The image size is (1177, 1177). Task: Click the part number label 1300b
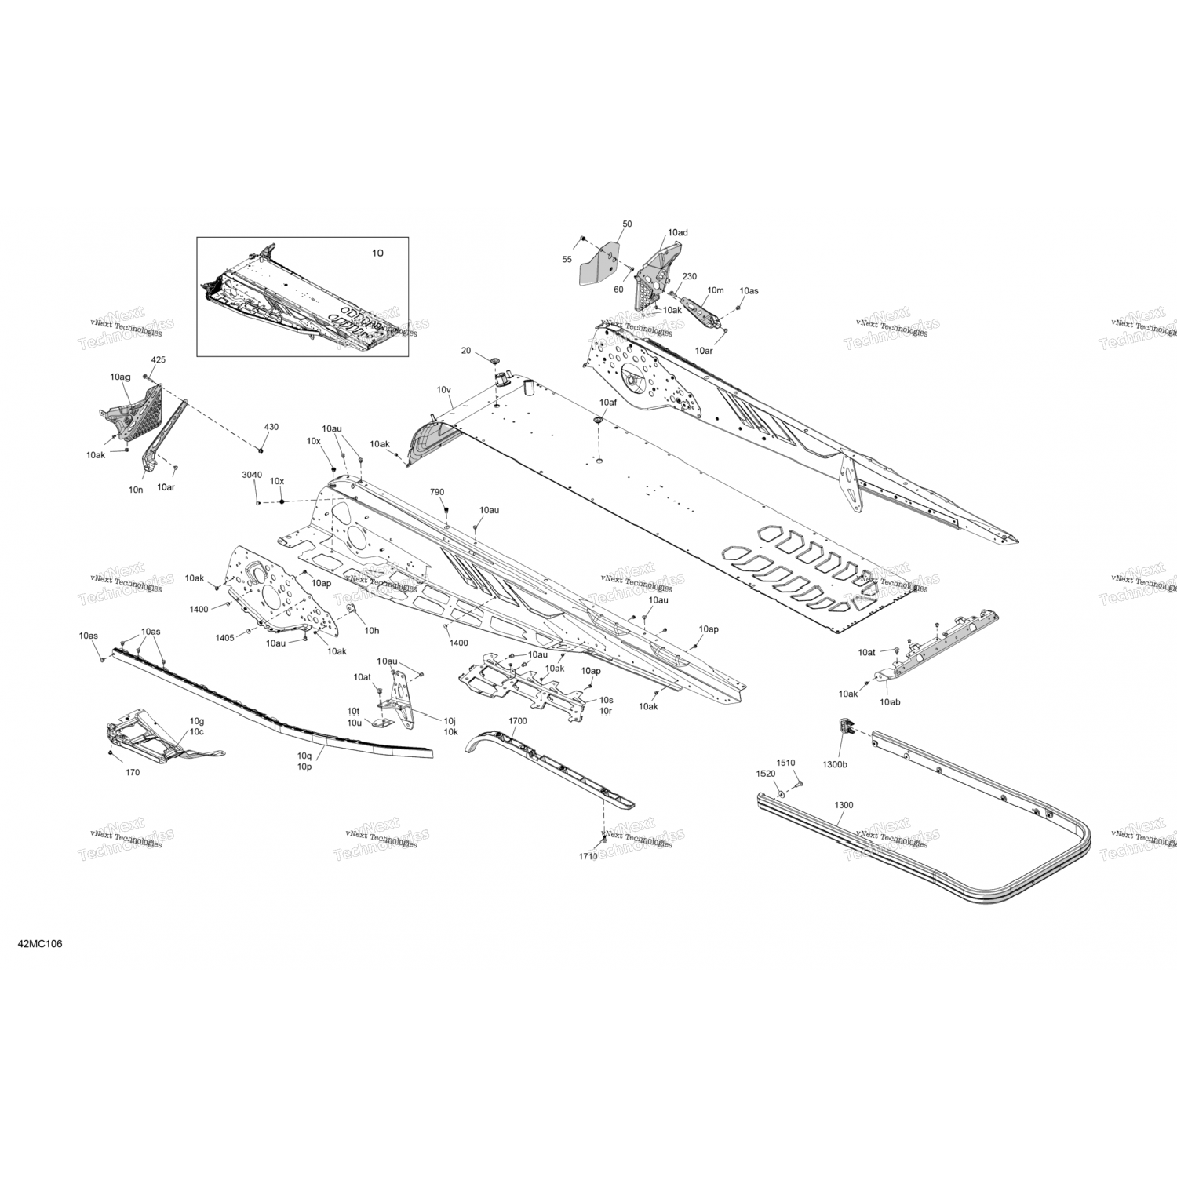pos(834,763)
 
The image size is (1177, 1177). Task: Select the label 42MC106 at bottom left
pos(39,943)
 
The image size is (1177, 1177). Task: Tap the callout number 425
pos(159,359)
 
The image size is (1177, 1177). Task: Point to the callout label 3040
pos(252,475)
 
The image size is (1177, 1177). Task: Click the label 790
pos(437,492)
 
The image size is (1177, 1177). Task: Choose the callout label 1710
pos(588,856)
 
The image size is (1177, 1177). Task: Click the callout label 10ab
pos(890,701)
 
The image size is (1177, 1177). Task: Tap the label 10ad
pos(678,233)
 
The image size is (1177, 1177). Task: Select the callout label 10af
pos(608,402)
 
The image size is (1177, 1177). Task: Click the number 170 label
pos(133,772)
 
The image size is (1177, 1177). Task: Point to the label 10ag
pos(120,377)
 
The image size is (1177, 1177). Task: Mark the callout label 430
pos(271,427)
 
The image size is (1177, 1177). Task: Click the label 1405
pos(224,637)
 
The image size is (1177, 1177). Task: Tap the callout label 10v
pos(444,389)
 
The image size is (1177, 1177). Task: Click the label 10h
pos(372,630)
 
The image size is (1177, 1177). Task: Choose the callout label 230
pos(689,276)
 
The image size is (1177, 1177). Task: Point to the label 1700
pos(517,720)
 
